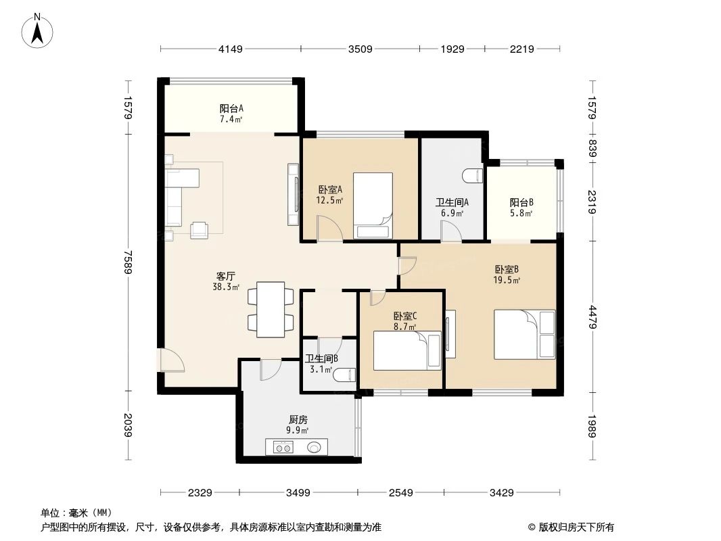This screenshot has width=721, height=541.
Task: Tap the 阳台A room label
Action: tap(231, 108)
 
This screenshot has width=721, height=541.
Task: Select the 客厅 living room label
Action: tap(225, 276)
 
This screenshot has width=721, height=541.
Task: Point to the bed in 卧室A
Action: tap(373, 206)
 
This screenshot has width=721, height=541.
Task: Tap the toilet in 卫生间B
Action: tap(346, 373)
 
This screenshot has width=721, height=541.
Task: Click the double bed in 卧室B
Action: tap(525, 334)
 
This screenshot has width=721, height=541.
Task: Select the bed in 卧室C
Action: tap(406, 350)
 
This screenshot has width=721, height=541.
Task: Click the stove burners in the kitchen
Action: tap(282, 446)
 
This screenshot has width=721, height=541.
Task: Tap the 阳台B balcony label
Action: tap(521, 202)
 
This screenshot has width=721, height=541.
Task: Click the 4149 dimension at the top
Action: tap(231, 49)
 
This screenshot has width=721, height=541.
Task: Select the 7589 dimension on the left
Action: tap(127, 261)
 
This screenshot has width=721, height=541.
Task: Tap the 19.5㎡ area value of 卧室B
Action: tap(507, 280)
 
